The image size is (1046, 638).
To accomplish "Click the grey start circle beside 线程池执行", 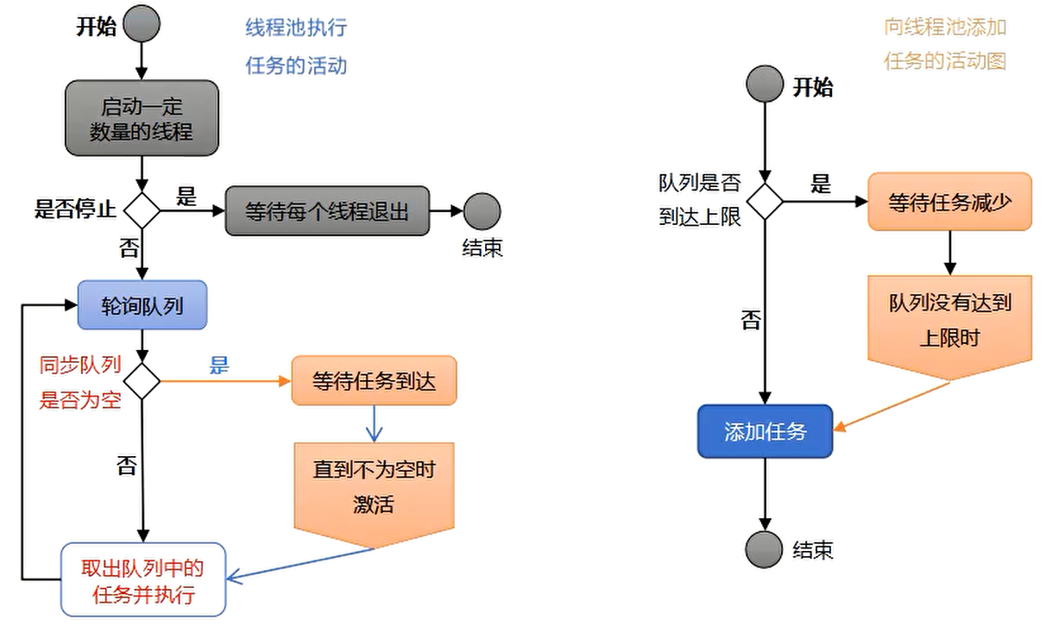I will pyautogui.click(x=142, y=25).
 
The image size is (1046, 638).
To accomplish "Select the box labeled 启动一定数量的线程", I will pyautogui.click(x=142, y=118).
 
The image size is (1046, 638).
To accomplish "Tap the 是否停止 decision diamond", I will pyautogui.click(x=142, y=210).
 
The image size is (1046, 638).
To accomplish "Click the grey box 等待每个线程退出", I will pyautogui.click(x=327, y=210).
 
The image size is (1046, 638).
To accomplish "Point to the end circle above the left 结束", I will pyautogui.click(x=482, y=210).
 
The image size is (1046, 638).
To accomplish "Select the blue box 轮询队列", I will pyautogui.click(x=142, y=304).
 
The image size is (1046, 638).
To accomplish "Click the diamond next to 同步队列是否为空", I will pyautogui.click(x=142, y=380).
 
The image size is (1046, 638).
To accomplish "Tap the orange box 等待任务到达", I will pyautogui.click(x=374, y=381).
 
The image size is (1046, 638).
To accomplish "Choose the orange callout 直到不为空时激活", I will pyautogui.click(x=374, y=488).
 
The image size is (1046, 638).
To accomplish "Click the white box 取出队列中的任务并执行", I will pyautogui.click(x=142, y=579).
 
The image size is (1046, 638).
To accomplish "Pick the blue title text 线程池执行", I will pyautogui.click(x=296, y=28).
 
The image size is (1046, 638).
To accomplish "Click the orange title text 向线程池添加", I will pyautogui.click(x=945, y=28).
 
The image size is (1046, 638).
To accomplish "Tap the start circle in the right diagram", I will pyautogui.click(x=765, y=84).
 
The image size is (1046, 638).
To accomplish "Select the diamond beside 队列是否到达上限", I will pyautogui.click(x=765, y=201).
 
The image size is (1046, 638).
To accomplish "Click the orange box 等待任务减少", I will pyautogui.click(x=949, y=202).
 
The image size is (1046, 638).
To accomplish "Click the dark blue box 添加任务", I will pyautogui.click(x=765, y=431).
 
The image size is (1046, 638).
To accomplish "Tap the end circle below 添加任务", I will pyautogui.click(x=765, y=547).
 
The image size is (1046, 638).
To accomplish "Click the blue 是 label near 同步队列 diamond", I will pyautogui.click(x=219, y=365).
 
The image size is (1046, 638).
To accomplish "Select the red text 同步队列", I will pyautogui.click(x=80, y=366).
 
